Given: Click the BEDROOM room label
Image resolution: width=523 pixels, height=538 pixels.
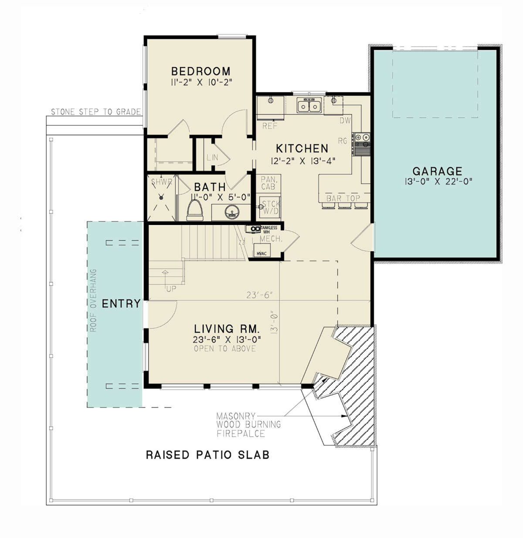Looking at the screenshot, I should click(x=200, y=71).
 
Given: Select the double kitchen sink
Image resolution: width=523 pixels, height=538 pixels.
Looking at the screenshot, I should click(x=309, y=106).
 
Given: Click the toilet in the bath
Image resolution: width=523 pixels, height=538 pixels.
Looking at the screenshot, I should click(x=195, y=209).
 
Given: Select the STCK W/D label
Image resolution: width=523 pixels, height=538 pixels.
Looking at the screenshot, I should click(x=270, y=208).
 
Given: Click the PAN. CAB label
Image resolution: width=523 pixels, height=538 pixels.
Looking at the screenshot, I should click(x=268, y=183).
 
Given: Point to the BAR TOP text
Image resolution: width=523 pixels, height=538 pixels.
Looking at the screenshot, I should click(x=343, y=198).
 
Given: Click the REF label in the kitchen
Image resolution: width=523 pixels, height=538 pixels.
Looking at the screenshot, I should click(x=270, y=126).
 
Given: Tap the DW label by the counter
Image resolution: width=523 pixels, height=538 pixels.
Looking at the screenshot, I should click(x=345, y=121).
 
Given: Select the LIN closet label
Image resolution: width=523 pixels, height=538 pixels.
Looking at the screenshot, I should click(x=212, y=157).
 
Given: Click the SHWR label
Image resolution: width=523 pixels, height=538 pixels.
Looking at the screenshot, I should click(x=161, y=182).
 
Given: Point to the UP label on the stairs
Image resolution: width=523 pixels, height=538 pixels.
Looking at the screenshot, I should click(x=171, y=289).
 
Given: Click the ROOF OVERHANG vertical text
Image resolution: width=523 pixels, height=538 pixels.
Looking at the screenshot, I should click(x=93, y=300).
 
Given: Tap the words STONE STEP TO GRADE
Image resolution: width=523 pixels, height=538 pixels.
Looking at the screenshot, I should click(x=96, y=112).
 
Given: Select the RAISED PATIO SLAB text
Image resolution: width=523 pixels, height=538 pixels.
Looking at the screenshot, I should click(x=207, y=455).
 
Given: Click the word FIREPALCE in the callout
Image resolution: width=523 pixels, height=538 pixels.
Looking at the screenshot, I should click(x=241, y=433).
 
